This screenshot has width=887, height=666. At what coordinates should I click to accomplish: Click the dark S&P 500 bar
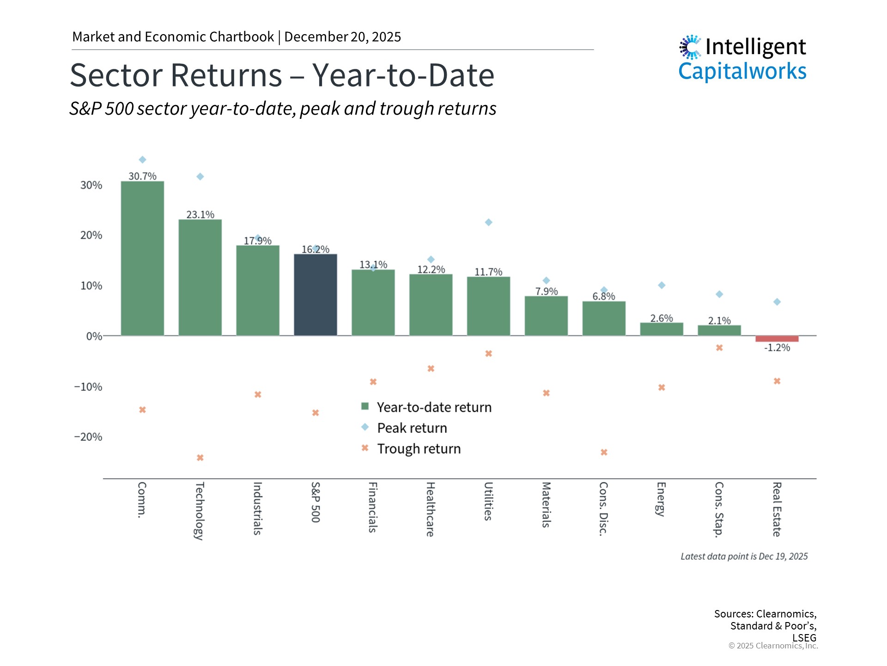coord(316,295)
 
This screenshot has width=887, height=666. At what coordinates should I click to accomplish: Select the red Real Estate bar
coord(777,339)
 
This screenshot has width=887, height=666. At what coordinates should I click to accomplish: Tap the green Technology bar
coord(200,277)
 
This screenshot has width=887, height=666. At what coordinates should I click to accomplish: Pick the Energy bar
coord(661,329)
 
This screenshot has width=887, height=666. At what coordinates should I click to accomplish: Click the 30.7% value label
coord(142,176)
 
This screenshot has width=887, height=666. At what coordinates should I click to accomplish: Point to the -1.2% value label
coord(777,348)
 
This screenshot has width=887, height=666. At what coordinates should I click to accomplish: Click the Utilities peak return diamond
coord(488,222)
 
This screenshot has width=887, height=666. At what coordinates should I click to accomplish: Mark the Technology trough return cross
coord(200,458)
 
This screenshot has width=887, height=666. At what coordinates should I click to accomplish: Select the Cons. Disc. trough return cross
coord(604,452)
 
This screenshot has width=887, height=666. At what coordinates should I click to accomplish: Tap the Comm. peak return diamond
coord(142,160)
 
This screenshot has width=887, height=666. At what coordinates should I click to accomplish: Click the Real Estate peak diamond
coord(777,302)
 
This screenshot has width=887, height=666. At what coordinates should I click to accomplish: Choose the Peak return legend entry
coord(412,428)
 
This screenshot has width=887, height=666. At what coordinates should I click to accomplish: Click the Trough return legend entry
coord(419,449)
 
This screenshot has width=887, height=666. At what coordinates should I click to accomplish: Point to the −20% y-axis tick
coord(88,437)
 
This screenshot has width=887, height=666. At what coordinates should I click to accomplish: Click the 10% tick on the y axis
coord(91,286)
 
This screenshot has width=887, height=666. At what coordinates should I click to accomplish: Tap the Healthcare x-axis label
coord(430,509)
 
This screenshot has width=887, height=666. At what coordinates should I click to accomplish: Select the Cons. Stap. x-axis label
coord(719,509)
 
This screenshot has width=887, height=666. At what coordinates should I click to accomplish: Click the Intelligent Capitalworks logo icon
coord(690,47)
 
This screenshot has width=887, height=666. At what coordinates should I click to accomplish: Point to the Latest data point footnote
coord(744,556)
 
